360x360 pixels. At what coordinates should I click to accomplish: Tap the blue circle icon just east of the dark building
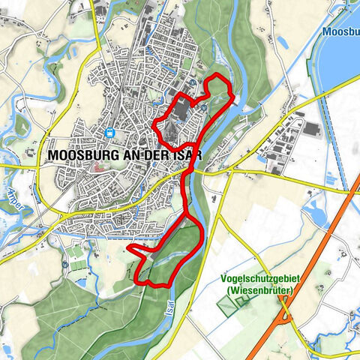click(203, 106)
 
